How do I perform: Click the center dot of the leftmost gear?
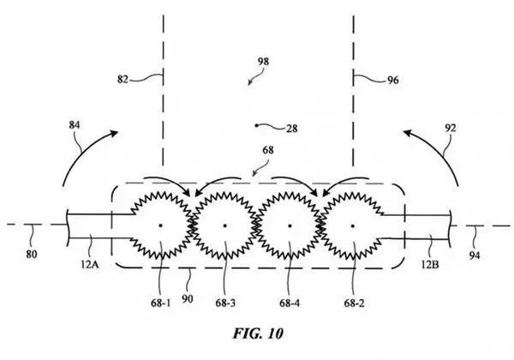click(160, 226)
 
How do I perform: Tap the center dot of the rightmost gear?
click(354, 226)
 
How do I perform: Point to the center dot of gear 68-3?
click(224, 226)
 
